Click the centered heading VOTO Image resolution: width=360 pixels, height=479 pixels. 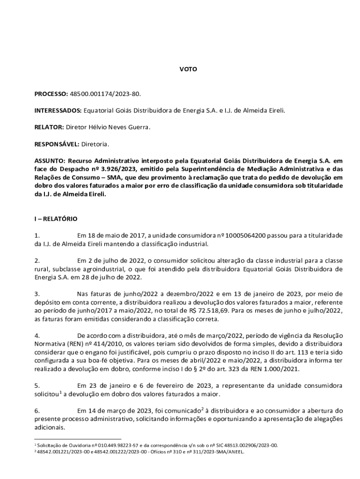click(x=188, y=69)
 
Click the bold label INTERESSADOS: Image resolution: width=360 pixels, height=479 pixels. click(x=58, y=110)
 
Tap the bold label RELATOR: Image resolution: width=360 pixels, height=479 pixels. click(x=49, y=127)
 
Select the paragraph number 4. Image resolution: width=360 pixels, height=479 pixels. click(x=37, y=336)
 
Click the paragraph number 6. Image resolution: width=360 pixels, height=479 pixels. click(x=37, y=411)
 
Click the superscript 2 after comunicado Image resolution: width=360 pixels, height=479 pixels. click(x=202, y=408)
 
